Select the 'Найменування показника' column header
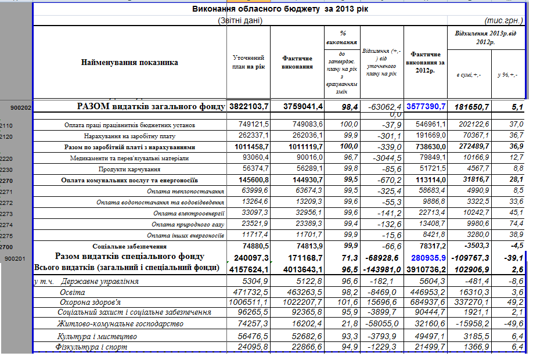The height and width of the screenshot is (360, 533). pyautogui.click(x=129, y=62)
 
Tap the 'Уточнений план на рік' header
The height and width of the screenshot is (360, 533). pyautogui.click(x=249, y=62)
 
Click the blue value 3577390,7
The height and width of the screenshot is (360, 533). pyautogui.click(x=427, y=107)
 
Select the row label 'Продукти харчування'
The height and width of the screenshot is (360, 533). pyautogui.click(x=129, y=169)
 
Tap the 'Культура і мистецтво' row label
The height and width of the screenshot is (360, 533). pyautogui.click(x=96, y=336)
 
